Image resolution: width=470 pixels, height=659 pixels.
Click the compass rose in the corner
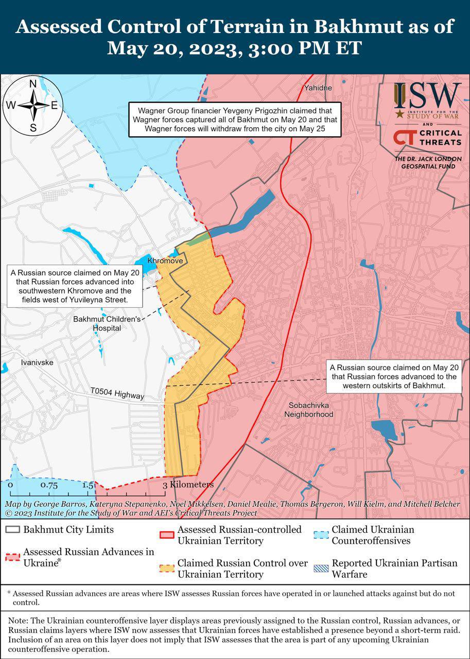pyautogui.click(x=32, y=106)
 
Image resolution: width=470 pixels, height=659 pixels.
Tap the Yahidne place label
pyautogui.click(x=318, y=88)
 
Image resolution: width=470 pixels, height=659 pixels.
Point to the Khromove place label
pyautogui.click(x=165, y=262)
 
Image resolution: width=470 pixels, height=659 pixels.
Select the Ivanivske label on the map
pyautogui.click(x=37, y=362)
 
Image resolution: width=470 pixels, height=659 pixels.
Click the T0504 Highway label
pyautogui.click(x=117, y=394)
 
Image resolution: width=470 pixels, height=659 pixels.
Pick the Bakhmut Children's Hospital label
pyautogui.click(x=107, y=323)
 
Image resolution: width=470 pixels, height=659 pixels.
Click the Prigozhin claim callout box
pyautogui.click(x=235, y=119)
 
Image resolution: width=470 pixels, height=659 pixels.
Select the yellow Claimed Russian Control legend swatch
pyautogui.click(x=167, y=568)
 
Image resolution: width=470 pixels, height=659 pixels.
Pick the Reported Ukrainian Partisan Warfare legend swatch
pyautogui.click(x=321, y=568)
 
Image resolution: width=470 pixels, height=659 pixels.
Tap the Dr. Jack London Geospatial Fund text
pyautogui.click(x=428, y=163)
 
